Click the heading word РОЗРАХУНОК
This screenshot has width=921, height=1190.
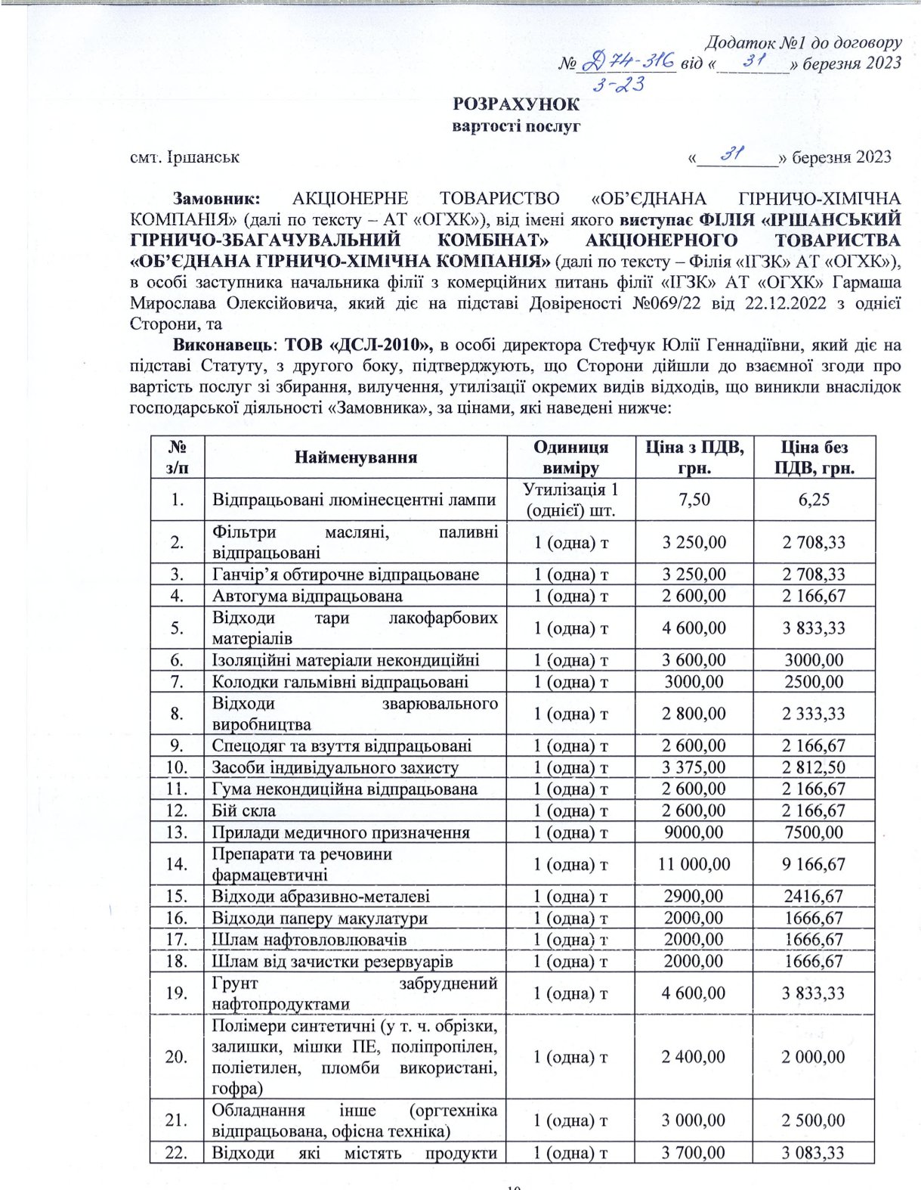point(516,104)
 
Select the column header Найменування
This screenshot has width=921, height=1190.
point(356,457)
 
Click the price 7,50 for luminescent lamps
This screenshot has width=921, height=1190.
point(694,499)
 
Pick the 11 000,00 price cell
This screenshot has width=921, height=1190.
point(694,864)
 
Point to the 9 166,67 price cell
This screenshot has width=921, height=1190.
point(814,864)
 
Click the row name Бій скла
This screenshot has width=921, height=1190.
point(244,810)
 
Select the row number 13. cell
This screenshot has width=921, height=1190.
point(177,832)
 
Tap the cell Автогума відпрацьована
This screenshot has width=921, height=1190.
point(307,596)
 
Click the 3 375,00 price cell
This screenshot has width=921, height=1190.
point(694,767)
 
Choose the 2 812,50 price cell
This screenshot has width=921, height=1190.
point(814,767)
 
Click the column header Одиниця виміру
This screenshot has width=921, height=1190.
point(570,457)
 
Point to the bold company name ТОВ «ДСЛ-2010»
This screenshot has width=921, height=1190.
point(358,346)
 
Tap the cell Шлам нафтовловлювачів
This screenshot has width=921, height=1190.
point(309,940)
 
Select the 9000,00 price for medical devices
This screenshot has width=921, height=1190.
point(694,832)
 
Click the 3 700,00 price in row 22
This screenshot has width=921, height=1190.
point(694,1153)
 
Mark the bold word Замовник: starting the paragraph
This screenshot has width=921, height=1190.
point(217,199)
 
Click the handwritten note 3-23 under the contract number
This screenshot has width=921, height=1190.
point(618,85)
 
